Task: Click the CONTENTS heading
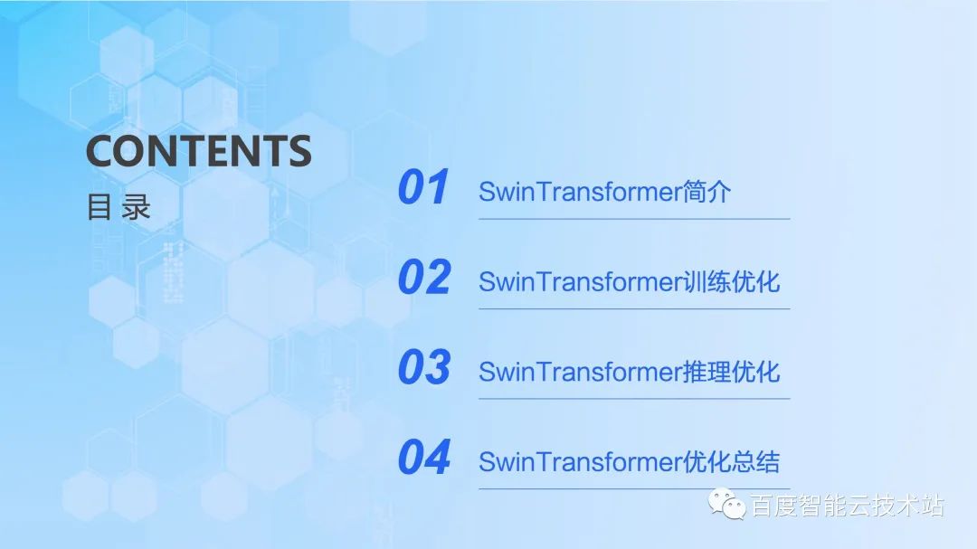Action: point(198,150)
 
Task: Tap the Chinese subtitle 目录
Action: point(119,207)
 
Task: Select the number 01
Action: point(423,188)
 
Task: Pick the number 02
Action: point(423,278)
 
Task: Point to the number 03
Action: point(423,368)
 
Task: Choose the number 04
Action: point(423,458)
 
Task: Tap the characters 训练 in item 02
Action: point(706,281)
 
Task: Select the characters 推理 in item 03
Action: point(706,372)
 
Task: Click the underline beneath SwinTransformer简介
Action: point(633,219)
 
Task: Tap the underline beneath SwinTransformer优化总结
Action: point(633,489)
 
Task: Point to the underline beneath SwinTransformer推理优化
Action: point(633,399)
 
